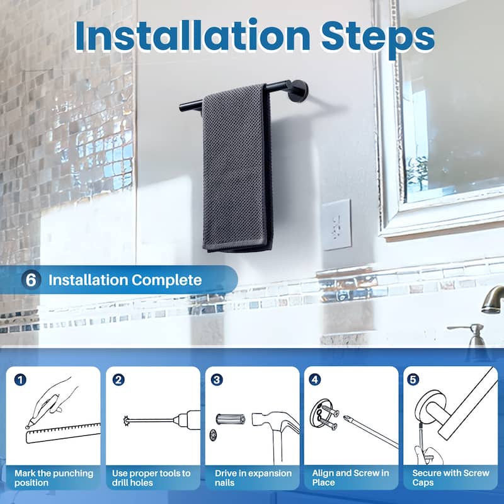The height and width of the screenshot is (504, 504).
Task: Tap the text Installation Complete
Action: tap(125, 280)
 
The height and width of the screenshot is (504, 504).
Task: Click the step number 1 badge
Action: tap(20, 379)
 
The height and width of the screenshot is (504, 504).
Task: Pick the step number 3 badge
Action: tap(217, 379)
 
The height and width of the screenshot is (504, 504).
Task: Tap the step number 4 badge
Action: tap(316, 379)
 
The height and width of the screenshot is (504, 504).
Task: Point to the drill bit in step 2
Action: tap(145, 419)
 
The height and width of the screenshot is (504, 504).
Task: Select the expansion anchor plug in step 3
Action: tap(229, 420)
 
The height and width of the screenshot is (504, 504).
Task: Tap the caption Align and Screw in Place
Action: tap(350, 478)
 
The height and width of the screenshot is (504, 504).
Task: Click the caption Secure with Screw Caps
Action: tap(450, 478)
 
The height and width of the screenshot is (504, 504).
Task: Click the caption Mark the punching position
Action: tap(53, 478)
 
